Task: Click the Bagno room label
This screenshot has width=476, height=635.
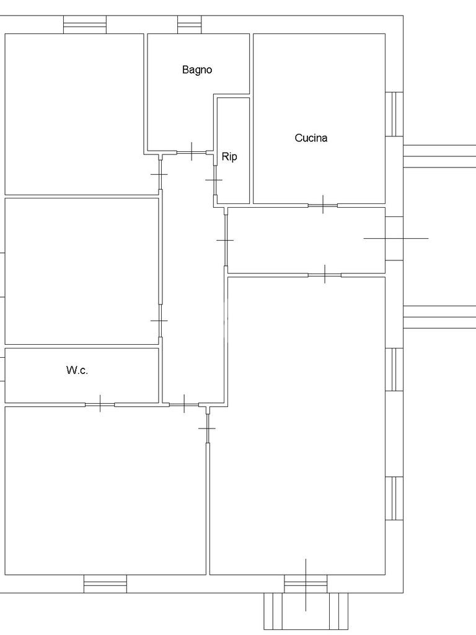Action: tap(197, 69)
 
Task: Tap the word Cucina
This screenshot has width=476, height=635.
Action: tap(311, 138)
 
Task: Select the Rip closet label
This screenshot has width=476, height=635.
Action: tap(229, 157)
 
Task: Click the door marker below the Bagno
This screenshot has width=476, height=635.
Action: tap(192, 151)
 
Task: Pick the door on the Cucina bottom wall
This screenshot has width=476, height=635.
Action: tap(324, 205)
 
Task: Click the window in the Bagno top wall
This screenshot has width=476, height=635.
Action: tap(190, 25)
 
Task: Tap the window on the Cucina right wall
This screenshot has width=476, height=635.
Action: tap(394, 114)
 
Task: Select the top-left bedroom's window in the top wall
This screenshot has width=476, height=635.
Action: tap(85, 25)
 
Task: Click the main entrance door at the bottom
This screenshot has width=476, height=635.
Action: tap(306, 583)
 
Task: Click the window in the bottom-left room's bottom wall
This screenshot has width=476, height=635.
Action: tap(105, 584)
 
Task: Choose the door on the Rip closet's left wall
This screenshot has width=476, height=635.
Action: tap(214, 179)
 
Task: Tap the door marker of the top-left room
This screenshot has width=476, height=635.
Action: tap(159, 175)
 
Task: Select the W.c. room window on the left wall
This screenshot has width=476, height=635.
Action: tap(2, 368)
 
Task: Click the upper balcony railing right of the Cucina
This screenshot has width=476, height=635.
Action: tap(439, 156)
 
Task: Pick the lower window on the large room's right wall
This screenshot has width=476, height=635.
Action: tap(394, 498)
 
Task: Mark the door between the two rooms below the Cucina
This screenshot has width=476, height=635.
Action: tap(325, 274)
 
